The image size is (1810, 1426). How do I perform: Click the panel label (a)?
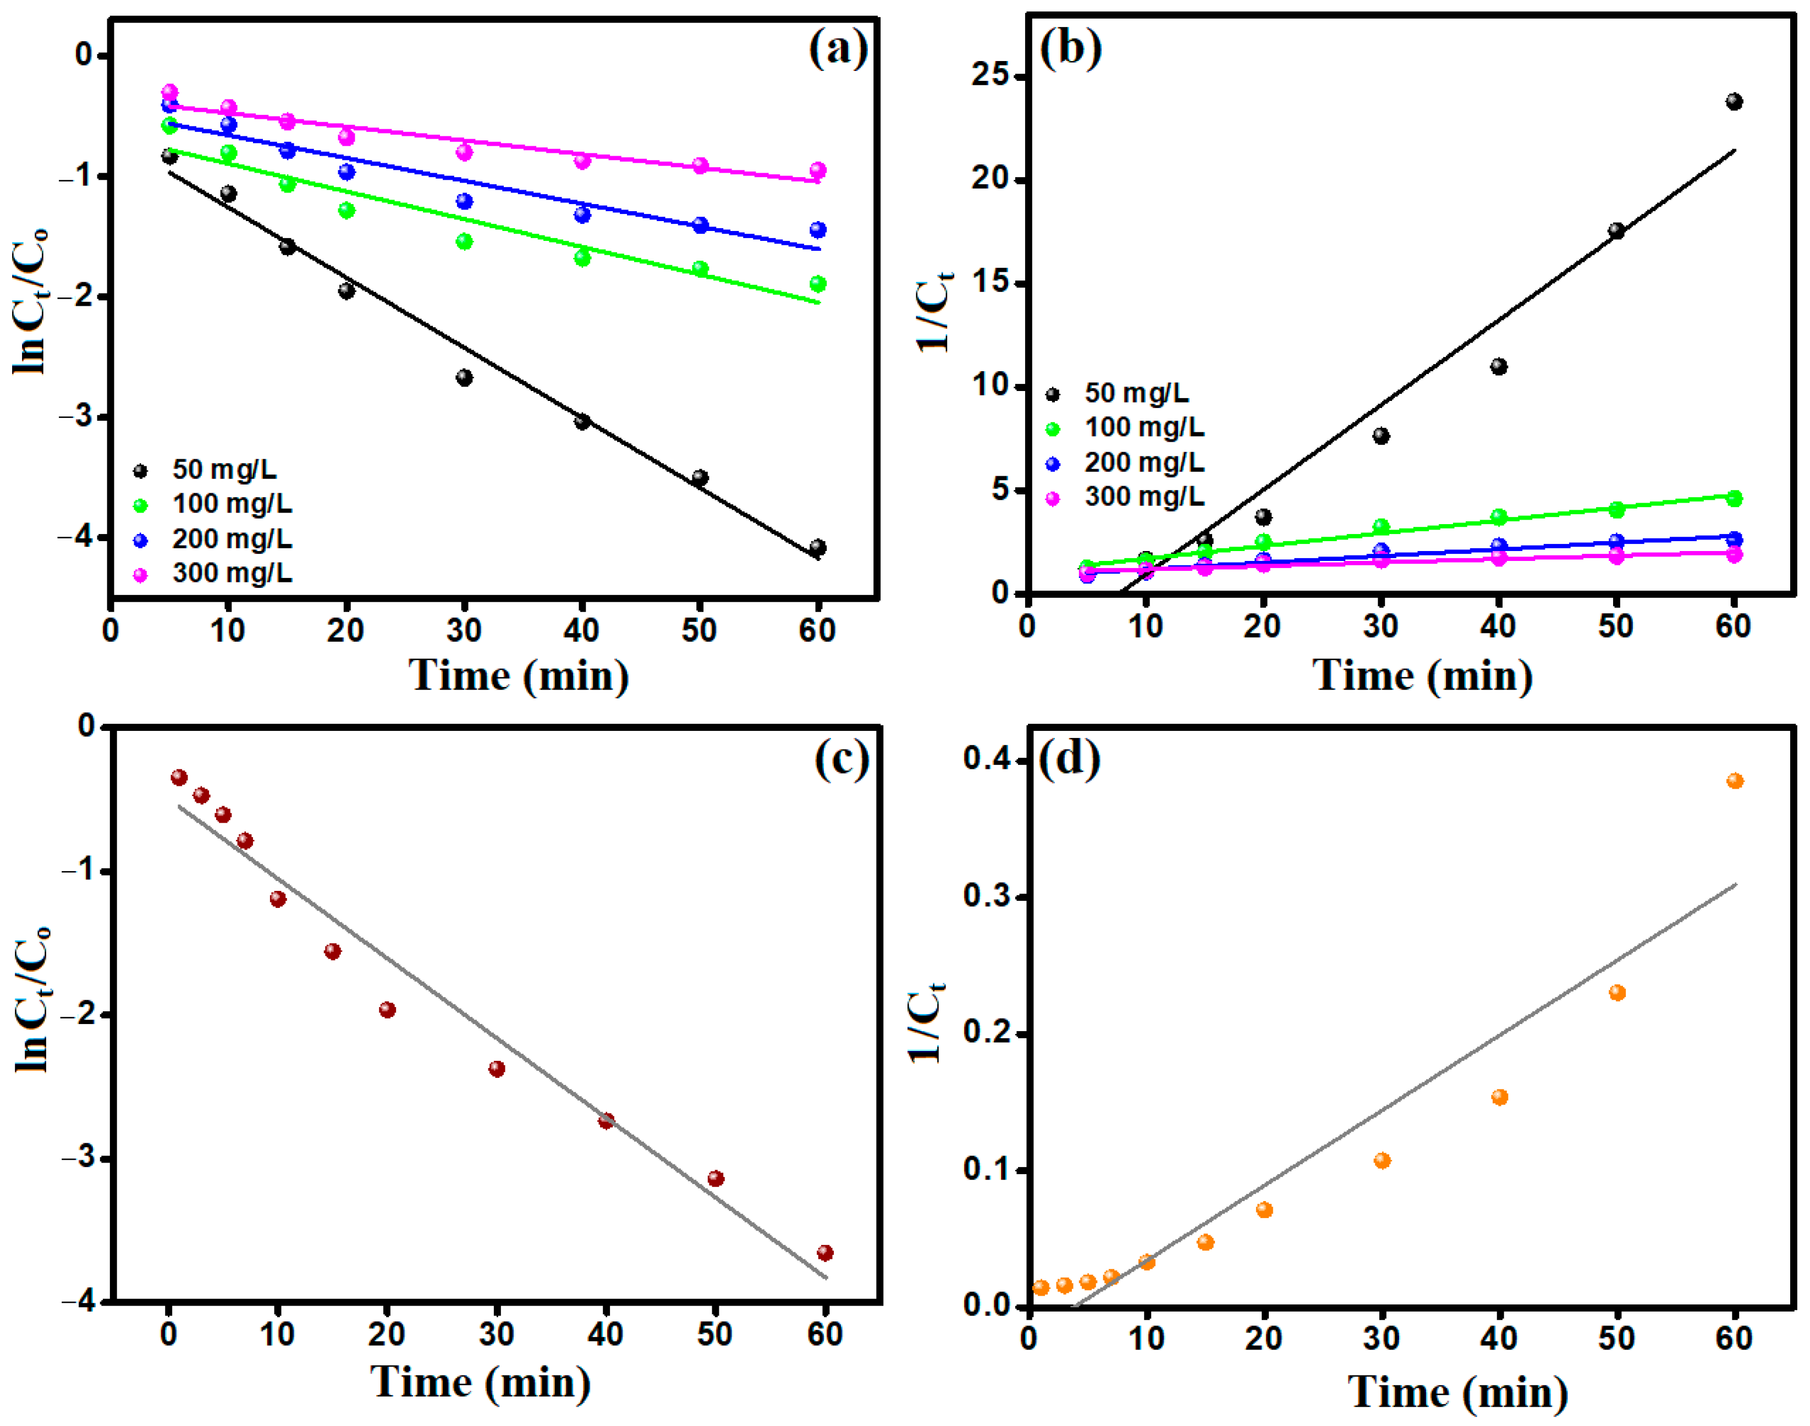(x=838, y=48)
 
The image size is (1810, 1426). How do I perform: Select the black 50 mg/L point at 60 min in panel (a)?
(x=817, y=548)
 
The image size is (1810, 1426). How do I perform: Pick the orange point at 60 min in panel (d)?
(x=1735, y=780)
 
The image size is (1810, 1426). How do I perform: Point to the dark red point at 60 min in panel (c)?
(x=825, y=1252)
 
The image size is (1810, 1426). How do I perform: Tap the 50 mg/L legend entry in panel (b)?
(x=1135, y=393)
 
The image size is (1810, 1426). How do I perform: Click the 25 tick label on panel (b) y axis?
(x=989, y=75)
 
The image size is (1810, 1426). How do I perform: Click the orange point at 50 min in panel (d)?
(x=1617, y=993)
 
